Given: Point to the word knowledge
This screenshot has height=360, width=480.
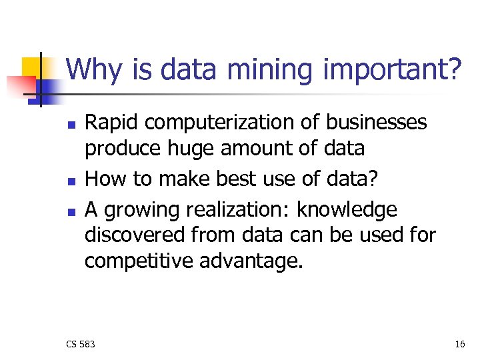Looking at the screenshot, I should [x=347, y=210].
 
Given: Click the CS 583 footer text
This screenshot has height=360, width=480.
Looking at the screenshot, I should [x=81, y=344].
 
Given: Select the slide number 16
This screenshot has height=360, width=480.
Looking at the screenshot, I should [x=459, y=344].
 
